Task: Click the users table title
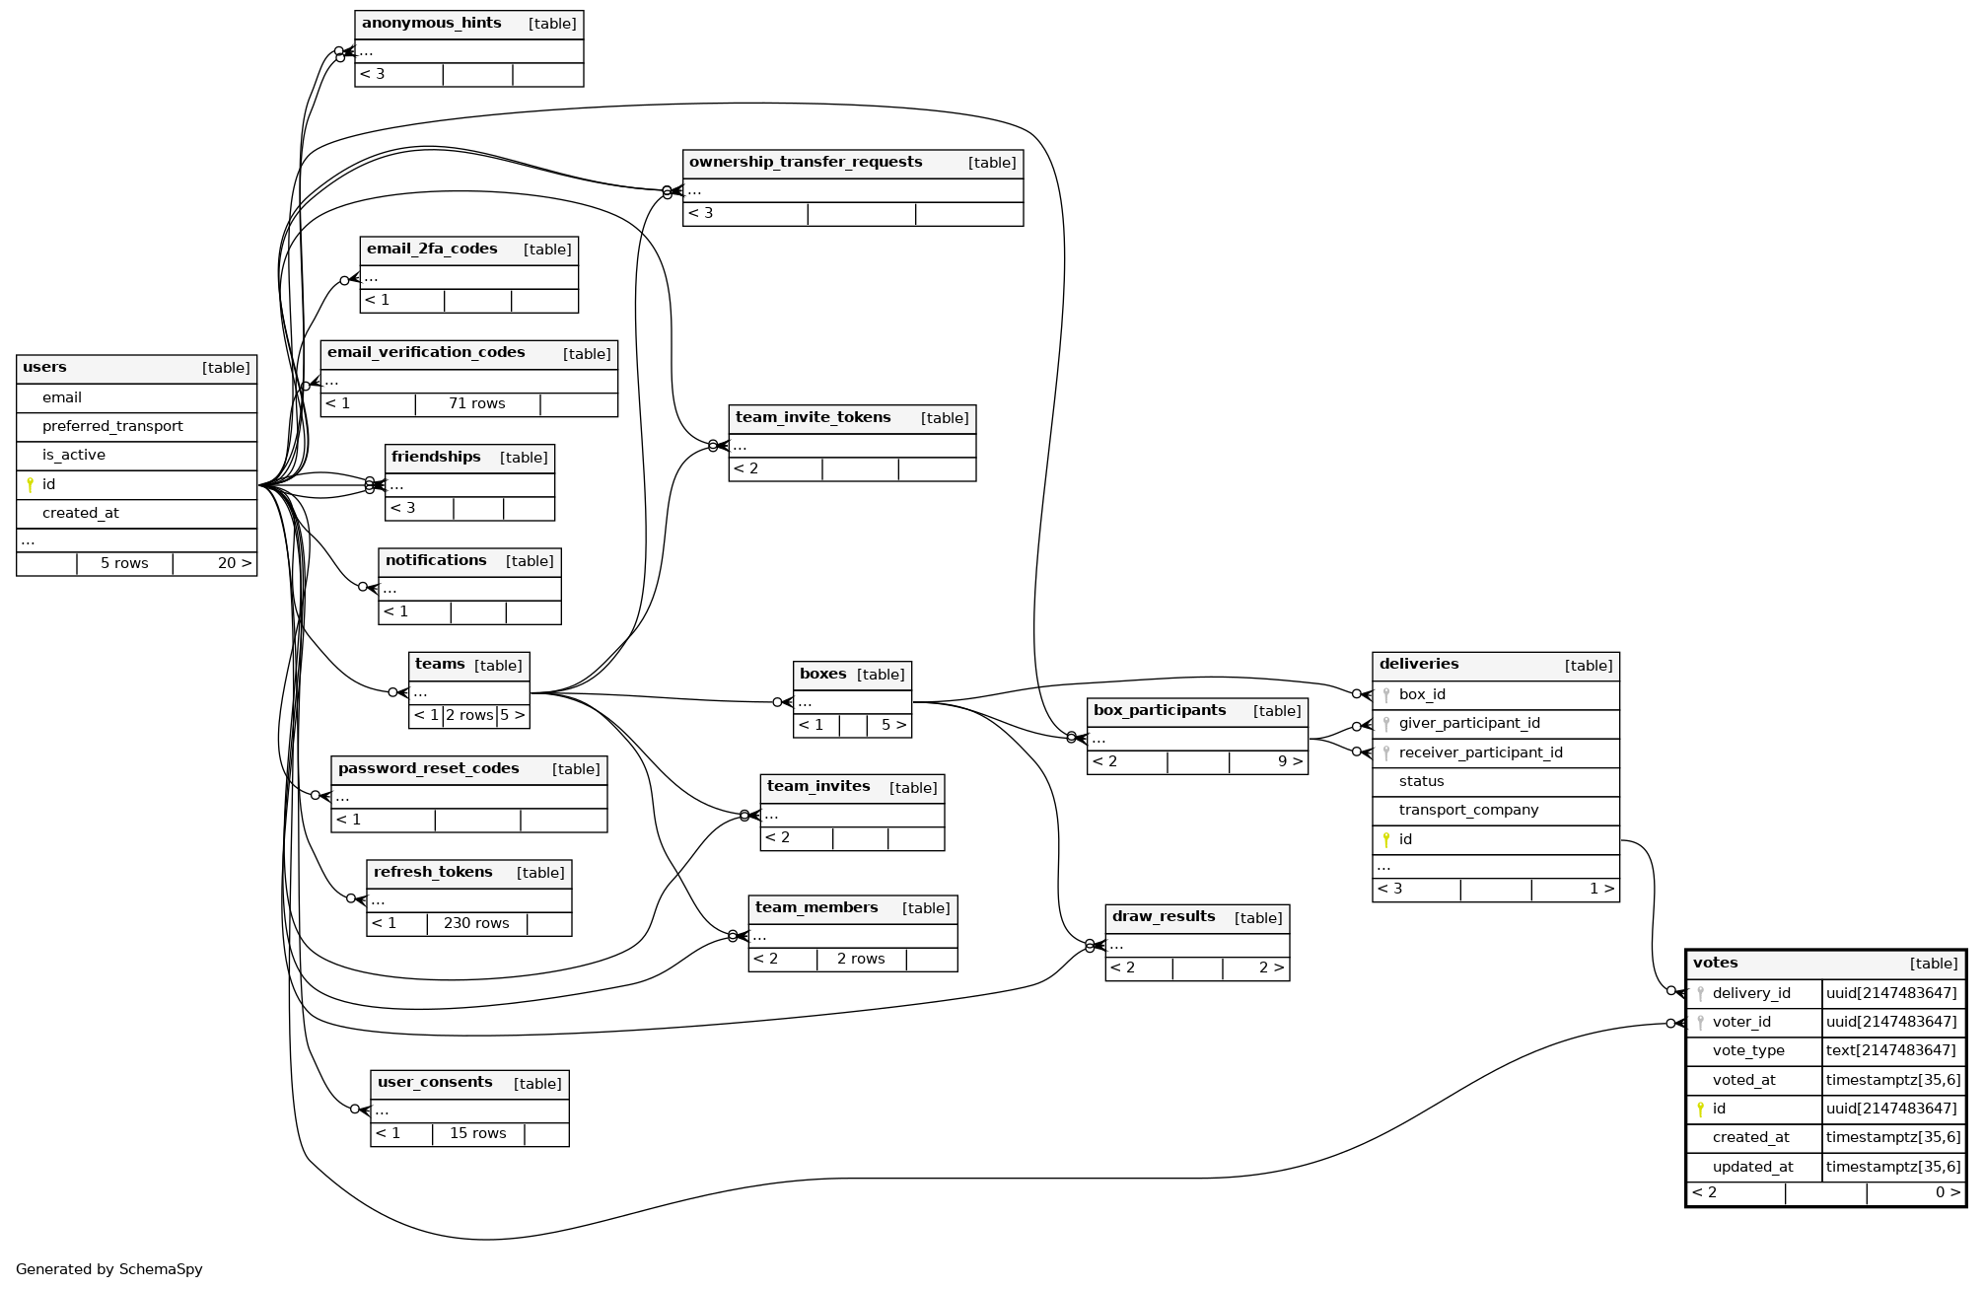(45, 368)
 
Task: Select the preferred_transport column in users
(112, 426)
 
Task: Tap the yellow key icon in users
(30, 484)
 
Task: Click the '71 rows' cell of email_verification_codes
(476, 403)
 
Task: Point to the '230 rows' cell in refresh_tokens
(476, 923)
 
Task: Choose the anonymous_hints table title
(431, 24)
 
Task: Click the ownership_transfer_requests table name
(806, 163)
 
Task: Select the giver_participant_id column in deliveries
(1468, 723)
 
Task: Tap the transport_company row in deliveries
(1467, 810)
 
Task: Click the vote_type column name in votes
(1747, 1050)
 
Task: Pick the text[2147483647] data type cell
(1890, 1050)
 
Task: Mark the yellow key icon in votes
(1700, 1109)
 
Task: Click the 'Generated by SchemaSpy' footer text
(109, 1269)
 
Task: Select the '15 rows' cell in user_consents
(477, 1133)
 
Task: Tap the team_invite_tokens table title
(813, 418)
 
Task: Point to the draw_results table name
(1164, 917)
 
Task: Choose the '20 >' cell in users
(234, 563)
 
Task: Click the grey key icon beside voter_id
(1700, 1022)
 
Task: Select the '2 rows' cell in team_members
(860, 959)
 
